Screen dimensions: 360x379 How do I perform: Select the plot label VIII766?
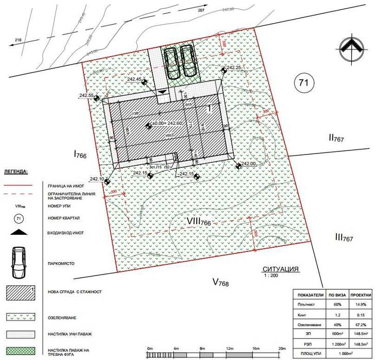tap(192, 221)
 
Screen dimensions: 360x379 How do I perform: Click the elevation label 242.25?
tap(233, 67)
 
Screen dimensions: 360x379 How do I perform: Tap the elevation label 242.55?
tap(87, 96)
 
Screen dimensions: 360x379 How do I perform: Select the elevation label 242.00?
tap(248, 164)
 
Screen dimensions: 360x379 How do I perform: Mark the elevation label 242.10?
tap(97, 179)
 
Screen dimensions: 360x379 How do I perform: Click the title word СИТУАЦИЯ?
tap(281, 269)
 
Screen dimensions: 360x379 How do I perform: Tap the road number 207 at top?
tap(201, 10)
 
